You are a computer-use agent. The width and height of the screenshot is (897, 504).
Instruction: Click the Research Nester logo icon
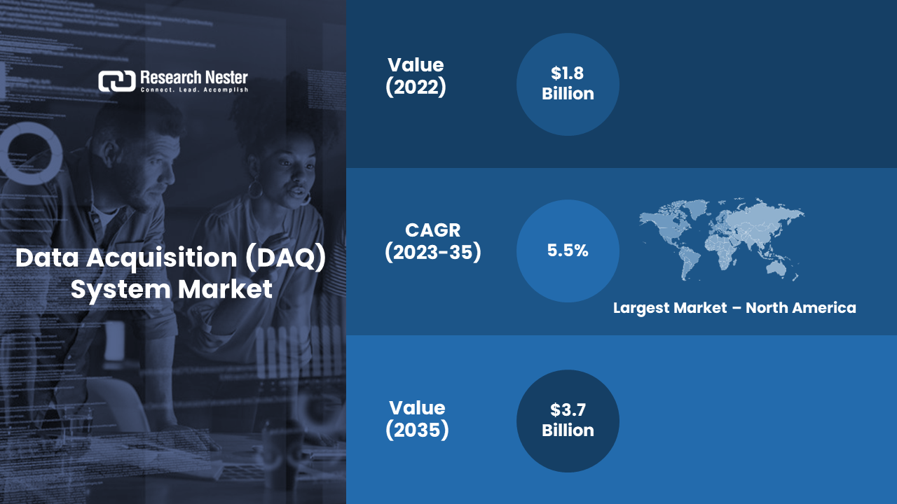[x=117, y=81]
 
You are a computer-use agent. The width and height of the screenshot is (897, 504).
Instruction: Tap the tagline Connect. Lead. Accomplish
[x=194, y=90]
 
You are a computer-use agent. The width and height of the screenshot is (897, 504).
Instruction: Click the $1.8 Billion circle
[x=568, y=85]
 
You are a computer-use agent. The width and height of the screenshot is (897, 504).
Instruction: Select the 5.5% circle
[x=568, y=251]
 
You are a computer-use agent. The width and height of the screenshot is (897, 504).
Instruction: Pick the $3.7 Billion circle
[x=568, y=421]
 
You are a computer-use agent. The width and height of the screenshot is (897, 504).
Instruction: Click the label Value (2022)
[x=416, y=76]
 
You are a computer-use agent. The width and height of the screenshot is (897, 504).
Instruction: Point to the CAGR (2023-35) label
[x=433, y=241]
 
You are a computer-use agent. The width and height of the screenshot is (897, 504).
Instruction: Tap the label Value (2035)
[x=417, y=419]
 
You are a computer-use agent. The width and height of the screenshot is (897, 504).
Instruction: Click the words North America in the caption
[x=801, y=307]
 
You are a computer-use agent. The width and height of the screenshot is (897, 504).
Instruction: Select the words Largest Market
[x=670, y=308]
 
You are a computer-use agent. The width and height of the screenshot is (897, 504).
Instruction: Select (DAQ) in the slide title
[x=285, y=258]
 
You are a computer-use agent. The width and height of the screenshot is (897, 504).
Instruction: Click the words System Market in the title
[x=172, y=290]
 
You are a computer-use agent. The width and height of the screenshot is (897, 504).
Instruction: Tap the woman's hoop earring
[x=255, y=188]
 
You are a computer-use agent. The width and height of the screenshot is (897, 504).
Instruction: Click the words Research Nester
[x=194, y=77]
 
